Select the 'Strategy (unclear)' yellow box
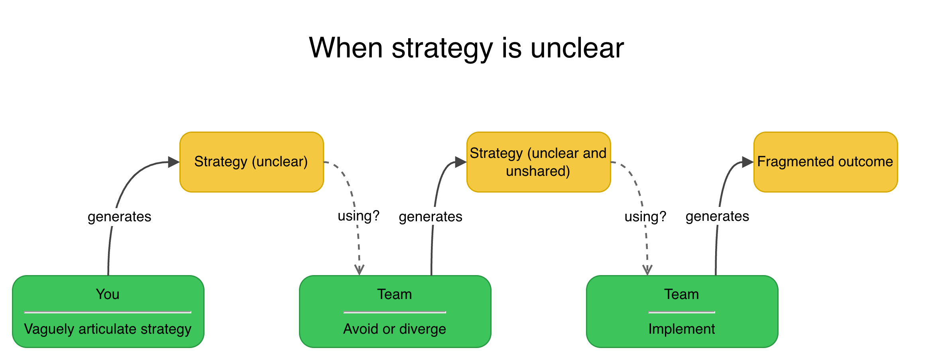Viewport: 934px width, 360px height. point(252,162)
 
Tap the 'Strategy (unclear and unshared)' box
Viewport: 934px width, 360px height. point(538,162)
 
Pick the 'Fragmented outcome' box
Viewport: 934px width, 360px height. point(825,162)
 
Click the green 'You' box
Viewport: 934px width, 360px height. point(108,311)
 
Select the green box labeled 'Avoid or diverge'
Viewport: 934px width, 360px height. point(395,311)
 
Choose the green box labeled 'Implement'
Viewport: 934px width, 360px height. point(682,311)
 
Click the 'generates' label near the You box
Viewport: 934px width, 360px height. point(119,216)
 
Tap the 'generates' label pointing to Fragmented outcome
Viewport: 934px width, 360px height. point(717,216)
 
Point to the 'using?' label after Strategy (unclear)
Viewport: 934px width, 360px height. point(358,216)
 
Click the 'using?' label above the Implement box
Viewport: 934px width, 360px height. point(645,216)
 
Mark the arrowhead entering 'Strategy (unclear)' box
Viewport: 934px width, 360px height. point(174,162)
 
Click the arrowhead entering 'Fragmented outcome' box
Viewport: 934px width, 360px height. point(748,162)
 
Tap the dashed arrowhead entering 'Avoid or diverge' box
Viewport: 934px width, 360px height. point(359,270)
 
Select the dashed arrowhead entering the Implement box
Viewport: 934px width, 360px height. point(647,270)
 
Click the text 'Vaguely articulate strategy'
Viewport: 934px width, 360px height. point(108,329)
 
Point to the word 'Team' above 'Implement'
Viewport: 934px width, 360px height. point(682,294)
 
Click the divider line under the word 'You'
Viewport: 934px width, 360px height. point(108,312)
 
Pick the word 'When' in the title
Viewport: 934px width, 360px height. point(346,48)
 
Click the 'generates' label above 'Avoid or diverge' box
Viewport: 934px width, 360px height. point(431,216)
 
